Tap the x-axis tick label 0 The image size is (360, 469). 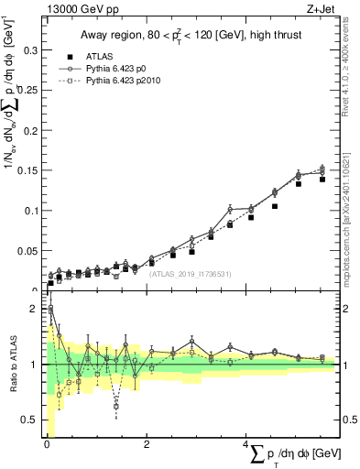coord(47,444)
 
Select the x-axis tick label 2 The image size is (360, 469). coord(147,444)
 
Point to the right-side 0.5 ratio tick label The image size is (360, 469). coord(348,420)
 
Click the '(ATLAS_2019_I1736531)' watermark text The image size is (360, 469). coord(190,273)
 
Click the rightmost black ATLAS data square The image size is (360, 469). coord(322,180)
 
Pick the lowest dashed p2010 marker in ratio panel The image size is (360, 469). coord(116,405)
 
